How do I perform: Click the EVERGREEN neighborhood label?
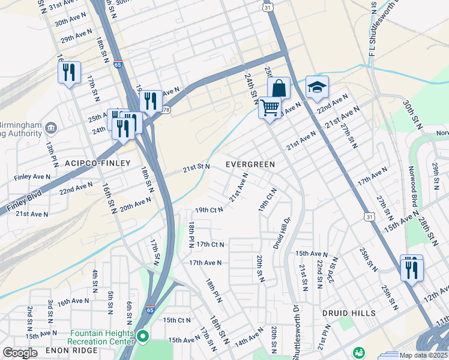250,164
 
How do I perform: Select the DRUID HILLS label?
349,313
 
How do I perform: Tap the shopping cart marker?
270,108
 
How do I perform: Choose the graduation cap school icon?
317,88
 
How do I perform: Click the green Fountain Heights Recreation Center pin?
142,337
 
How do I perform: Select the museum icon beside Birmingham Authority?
50,128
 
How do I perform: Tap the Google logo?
20,353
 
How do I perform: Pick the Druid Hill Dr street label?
280,232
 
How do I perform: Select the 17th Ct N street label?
210,244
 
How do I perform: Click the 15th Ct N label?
176,320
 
